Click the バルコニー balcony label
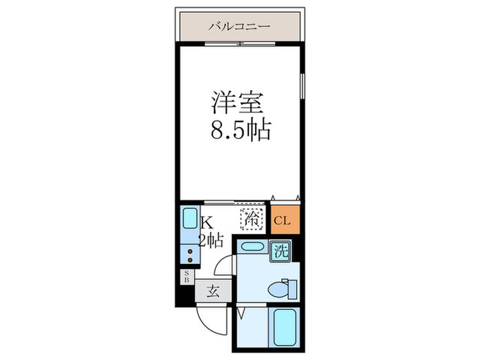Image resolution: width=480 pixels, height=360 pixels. tap(239, 27)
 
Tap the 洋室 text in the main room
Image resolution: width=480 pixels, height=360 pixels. tap(239, 103)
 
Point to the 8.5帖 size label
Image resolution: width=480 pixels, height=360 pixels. tap(239, 130)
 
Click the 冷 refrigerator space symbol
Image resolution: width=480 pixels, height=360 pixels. tap(252, 220)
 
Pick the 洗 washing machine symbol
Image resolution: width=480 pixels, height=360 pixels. tap(280, 250)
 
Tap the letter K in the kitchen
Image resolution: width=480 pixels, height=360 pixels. tap(207, 222)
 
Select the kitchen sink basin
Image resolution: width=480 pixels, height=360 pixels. tap(189, 221)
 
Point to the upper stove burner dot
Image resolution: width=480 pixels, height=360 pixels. tap(189, 252)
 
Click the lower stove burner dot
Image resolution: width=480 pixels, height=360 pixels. tap(189, 261)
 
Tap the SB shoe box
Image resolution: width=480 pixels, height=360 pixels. tap(185, 277)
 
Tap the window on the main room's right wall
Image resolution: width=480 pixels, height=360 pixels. tap(302, 86)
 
